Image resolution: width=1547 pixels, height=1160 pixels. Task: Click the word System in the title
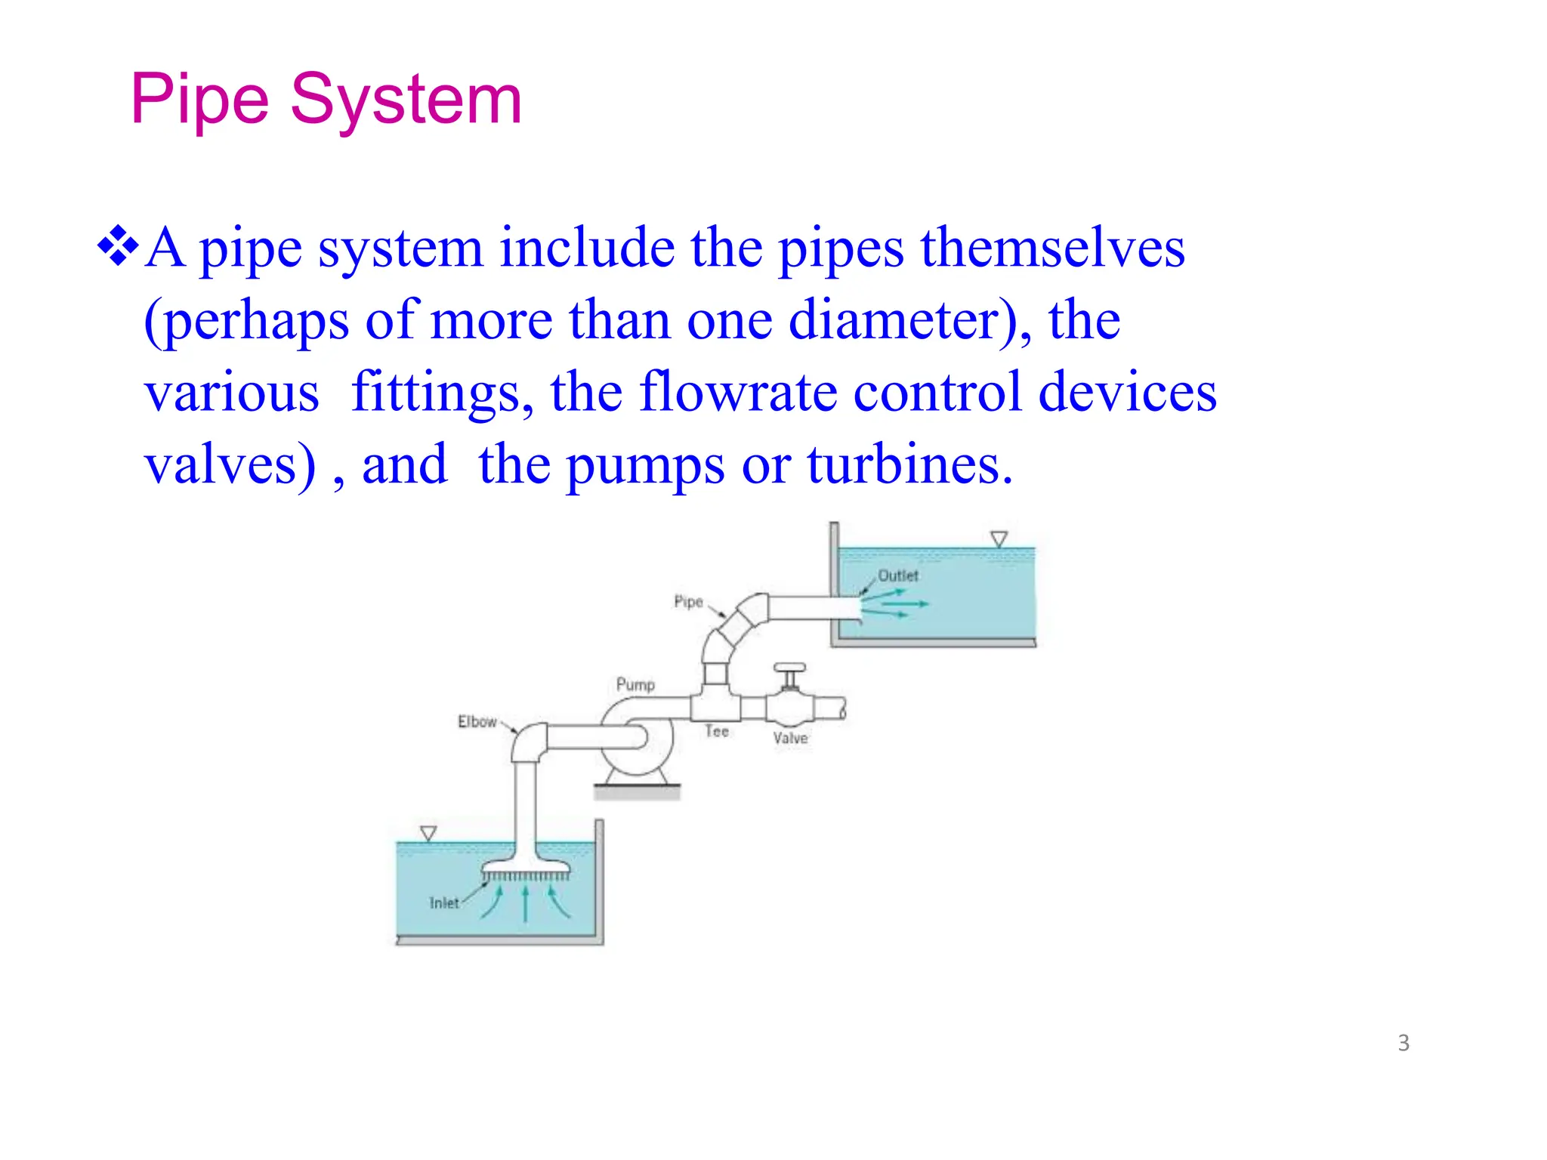pyautogui.click(x=406, y=100)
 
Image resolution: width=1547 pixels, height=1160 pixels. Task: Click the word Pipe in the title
pyautogui.click(x=199, y=100)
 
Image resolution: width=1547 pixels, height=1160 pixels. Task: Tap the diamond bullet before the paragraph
pyautogui.click(x=119, y=246)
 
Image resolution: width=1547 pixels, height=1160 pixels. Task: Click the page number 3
pyautogui.click(x=1403, y=1043)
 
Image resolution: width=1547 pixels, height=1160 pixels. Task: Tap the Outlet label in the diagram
pyautogui.click(x=898, y=575)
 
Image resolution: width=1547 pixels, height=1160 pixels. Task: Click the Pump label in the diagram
pyautogui.click(x=635, y=684)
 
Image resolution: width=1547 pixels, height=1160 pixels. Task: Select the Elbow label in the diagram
pyautogui.click(x=477, y=721)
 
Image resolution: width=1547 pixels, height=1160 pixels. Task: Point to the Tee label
pyautogui.click(x=717, y=731)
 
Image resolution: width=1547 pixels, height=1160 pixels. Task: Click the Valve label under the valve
pyautogui.click(x=790, y=738)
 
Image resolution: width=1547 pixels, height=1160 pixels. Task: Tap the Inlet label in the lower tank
pyautogui.click(x=444, y=902)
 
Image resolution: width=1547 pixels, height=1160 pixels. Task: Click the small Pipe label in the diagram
pyautogui.click(x=688, y=601)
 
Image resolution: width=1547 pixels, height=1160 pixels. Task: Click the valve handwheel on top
pyautogui.click(x=790, y=668)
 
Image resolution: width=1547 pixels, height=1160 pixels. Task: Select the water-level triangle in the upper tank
pyautogui.click(x=999, y=539)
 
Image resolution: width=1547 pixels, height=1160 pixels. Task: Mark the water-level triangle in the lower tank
pyautogui.click(x=428, y=834)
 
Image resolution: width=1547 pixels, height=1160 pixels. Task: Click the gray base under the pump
pyautogui.click(x=637, y=791)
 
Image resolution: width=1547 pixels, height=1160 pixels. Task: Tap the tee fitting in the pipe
pyautogui.click(x=715, y=705)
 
